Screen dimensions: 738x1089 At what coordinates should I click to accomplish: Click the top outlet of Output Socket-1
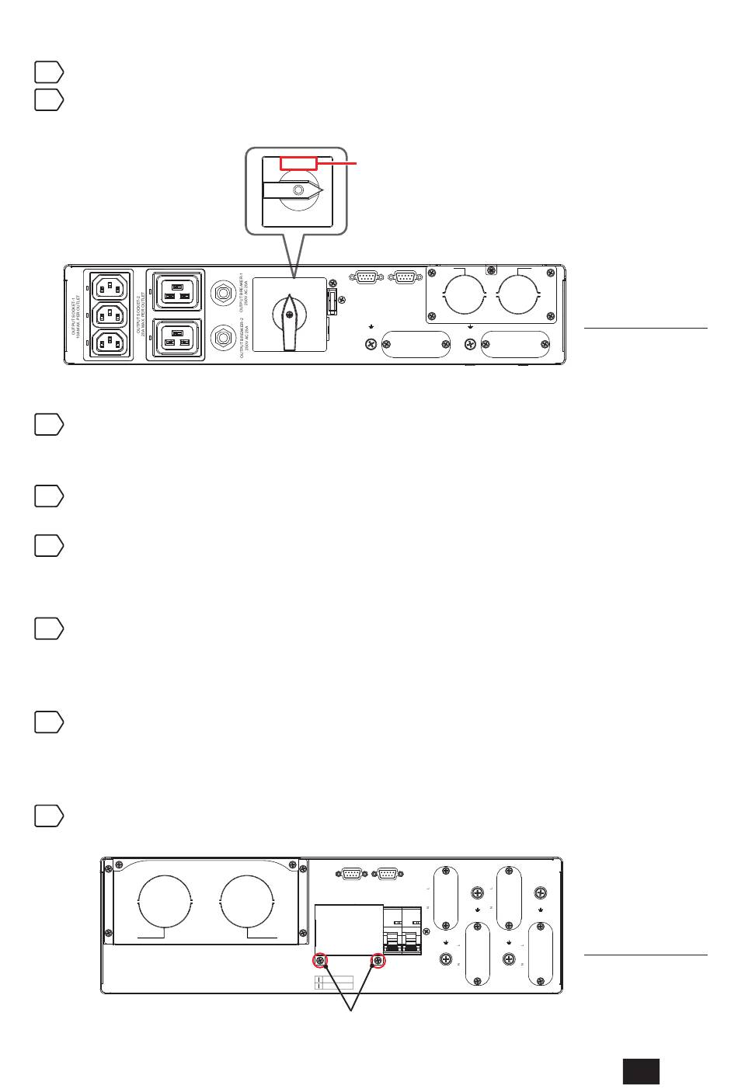click(x=109, y=288)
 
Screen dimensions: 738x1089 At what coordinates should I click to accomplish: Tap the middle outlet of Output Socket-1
click(x=109, y=315)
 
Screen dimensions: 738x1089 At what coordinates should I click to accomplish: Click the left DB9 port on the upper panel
click(x=367, y=277)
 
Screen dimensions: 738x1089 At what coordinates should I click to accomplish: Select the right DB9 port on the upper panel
click(x=404, y=277)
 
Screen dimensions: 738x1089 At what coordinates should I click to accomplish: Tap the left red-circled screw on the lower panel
click(x=320, y=961)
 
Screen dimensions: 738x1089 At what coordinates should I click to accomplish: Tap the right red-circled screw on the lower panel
click(x=378, y=961)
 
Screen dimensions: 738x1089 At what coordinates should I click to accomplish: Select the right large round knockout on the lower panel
click(x=247, y=902)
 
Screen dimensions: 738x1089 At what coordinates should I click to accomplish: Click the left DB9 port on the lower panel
click(x=350, y=873)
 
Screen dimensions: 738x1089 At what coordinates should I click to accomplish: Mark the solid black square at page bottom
click(x=641, y=1070)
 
